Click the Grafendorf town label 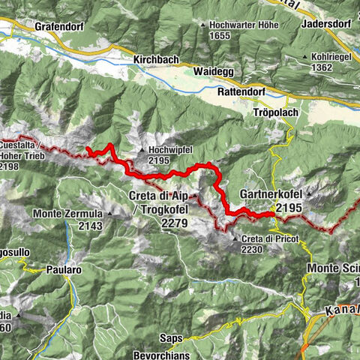pos(58,25)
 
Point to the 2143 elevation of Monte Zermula pos(88,225)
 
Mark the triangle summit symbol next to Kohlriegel pos(304,57)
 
